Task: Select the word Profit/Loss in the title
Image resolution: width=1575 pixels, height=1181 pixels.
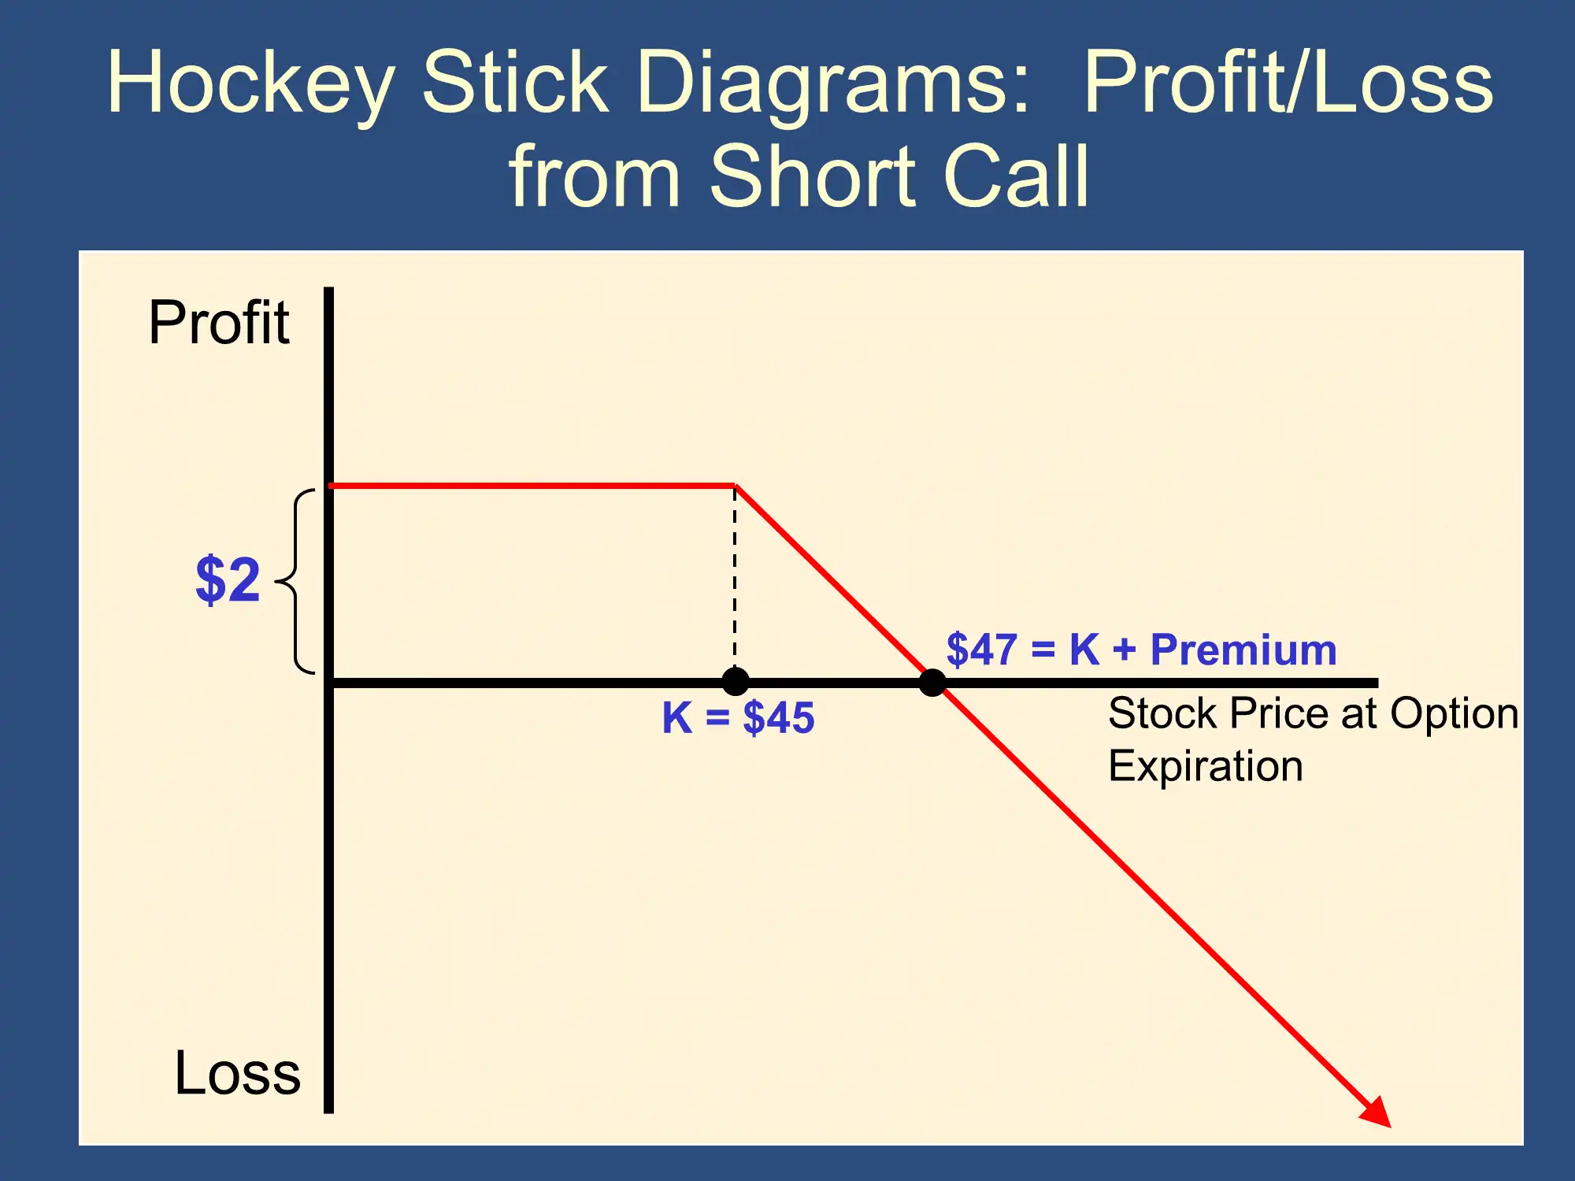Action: [x=1288, y=82]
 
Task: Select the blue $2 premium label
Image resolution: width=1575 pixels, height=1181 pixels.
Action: [x=228, y=579]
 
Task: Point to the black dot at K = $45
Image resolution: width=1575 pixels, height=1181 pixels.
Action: [x=736, y=682]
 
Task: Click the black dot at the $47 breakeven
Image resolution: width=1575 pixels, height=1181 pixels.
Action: [x=932, y=682]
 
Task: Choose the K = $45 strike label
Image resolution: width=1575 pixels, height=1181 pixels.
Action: [x=738, y=718]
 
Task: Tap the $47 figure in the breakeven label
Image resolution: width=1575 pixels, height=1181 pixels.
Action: [x=982, y=650]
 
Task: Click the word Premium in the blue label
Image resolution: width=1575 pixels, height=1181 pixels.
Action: [x=1243, y=650]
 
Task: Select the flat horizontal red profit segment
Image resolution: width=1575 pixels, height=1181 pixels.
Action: [x=532, y=486]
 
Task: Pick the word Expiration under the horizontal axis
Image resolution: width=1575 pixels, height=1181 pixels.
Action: [x=1206, y=766]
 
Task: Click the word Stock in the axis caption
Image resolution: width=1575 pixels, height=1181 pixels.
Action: [x=1164, y=713]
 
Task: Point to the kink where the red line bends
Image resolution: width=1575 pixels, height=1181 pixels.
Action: [x=736, y=486]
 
